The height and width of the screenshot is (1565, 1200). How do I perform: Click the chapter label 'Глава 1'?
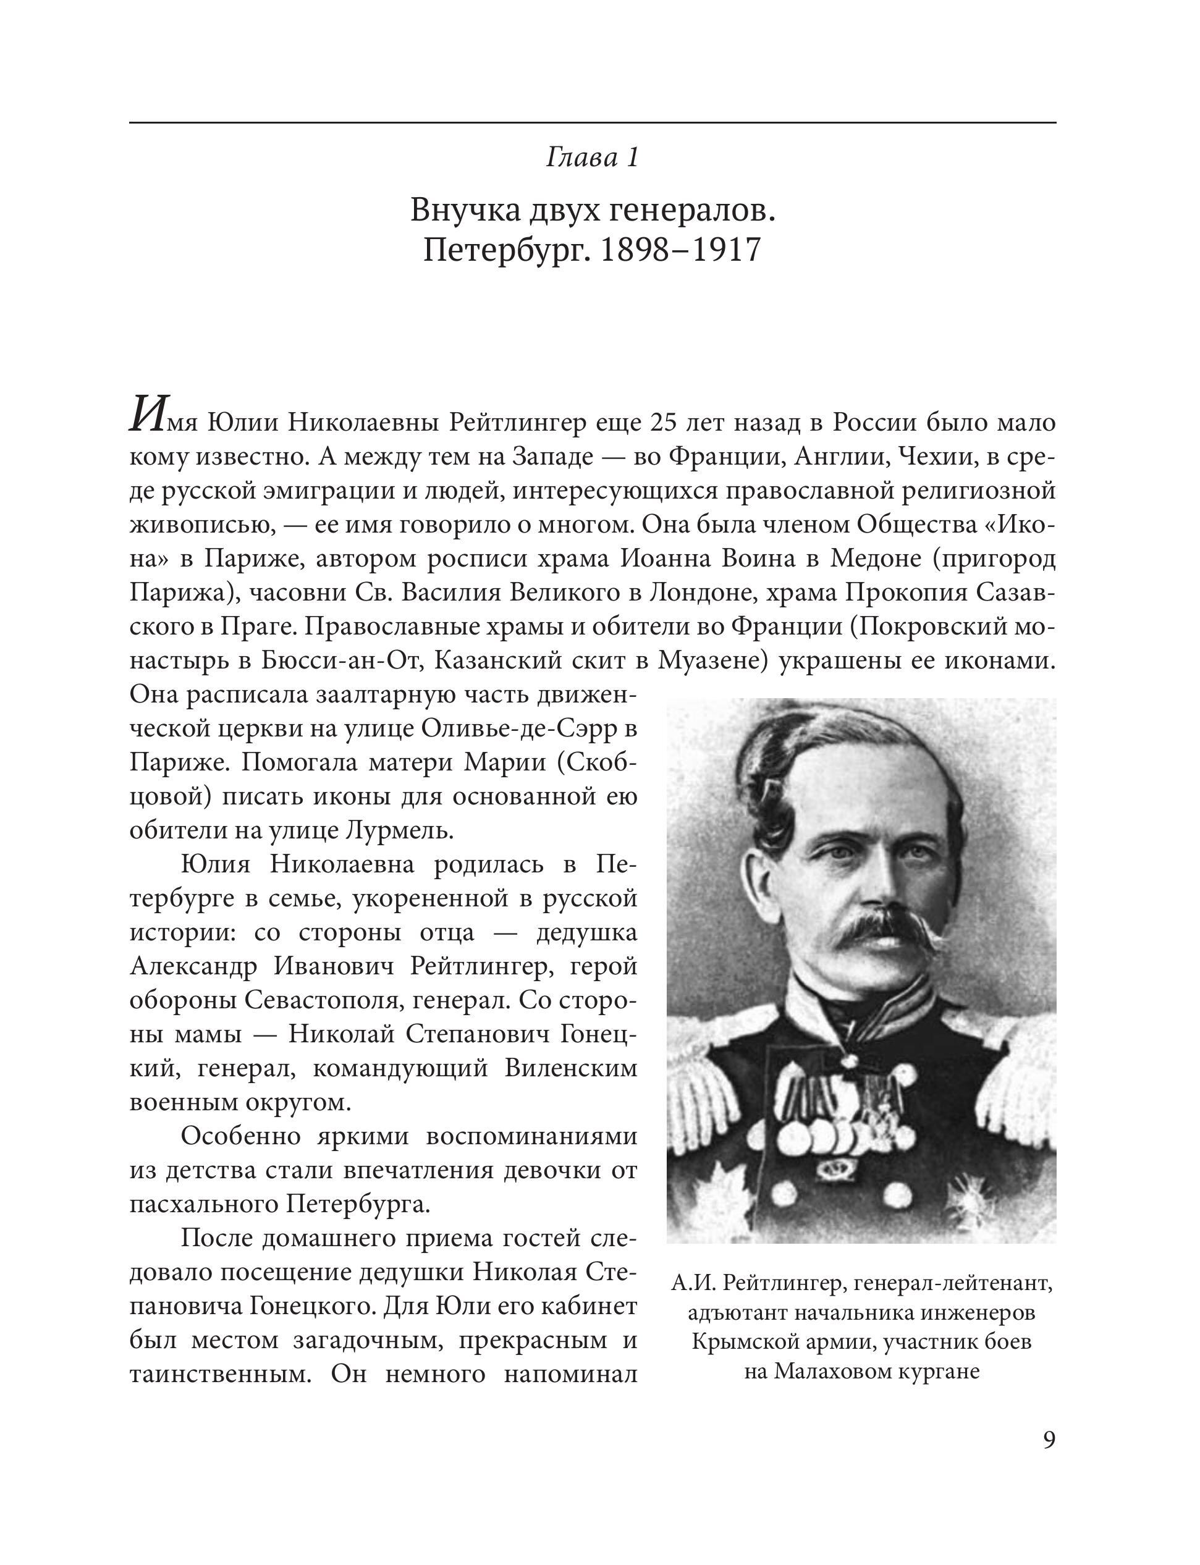pyautogui.click(x=592, y=158)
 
